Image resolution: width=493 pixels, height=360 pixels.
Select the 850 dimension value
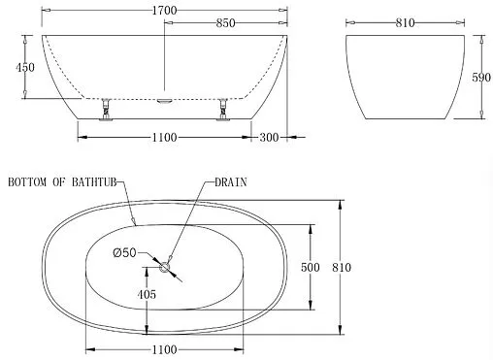[x=226, y=22]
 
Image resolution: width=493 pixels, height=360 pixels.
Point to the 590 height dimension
[x=477, y=78]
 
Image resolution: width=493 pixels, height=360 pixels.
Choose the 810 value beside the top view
[x=341, y=267]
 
